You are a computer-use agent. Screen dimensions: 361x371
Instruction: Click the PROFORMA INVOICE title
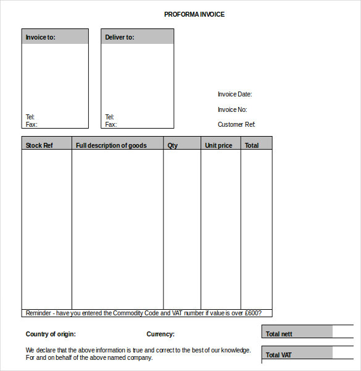coord(194,14)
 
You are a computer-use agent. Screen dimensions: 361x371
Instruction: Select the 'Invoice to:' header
coord(40,37)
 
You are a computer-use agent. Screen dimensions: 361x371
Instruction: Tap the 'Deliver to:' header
coord(120,37)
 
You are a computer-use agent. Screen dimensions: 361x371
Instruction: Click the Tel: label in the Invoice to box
coord(30,117)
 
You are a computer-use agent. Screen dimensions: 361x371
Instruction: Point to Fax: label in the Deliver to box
coord(110,124)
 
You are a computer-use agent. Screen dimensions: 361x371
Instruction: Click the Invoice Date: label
coord(234,94)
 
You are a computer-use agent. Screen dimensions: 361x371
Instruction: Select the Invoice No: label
coord(232,109)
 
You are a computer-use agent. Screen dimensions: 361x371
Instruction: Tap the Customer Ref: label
coord(236,124)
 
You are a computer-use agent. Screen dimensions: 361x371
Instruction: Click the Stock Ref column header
coord(39,145)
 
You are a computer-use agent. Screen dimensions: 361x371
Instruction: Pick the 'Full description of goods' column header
coord(111,145)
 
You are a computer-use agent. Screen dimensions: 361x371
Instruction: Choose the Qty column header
coord(173,145)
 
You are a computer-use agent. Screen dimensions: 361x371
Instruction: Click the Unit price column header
coord(218,145)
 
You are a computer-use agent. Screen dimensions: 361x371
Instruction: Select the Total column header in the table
coord(252,145)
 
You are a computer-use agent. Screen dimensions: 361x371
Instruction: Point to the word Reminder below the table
coord(38,313)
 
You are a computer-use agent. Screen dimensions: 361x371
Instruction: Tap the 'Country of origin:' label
coord(51,334)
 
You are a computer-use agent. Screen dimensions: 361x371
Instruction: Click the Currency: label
coord(160,334)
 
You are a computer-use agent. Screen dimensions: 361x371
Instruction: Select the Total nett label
coord(279,334)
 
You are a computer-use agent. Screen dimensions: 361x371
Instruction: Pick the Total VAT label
coord(278,355)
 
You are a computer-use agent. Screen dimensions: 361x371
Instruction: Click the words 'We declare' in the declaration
coord(38,350)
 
